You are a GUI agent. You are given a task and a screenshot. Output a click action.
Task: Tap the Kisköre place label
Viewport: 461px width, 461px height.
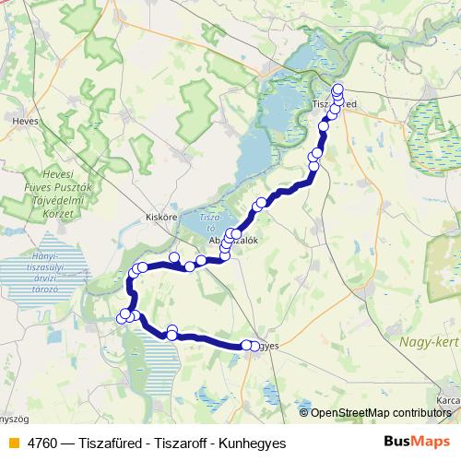point(161,217)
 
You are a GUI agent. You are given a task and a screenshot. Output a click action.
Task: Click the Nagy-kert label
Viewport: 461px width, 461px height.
point(429,341)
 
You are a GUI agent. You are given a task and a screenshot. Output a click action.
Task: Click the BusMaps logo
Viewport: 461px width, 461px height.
point(416,443)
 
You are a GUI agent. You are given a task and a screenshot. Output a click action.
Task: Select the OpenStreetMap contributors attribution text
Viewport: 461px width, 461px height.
point(381,412)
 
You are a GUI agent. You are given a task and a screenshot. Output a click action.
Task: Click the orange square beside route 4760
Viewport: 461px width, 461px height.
point(12,443)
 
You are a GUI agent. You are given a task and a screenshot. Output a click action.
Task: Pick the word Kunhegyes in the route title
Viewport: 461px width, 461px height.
point(255,443)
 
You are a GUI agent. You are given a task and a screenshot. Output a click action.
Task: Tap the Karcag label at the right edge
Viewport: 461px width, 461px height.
point(448,402)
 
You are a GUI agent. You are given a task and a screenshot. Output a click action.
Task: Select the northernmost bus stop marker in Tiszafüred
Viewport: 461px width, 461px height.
point(337,88)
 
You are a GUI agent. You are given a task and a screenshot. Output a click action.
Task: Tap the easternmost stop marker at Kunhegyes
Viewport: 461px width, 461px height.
point(255,346)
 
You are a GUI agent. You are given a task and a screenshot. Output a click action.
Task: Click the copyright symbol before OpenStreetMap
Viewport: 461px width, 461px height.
point(304,412)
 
